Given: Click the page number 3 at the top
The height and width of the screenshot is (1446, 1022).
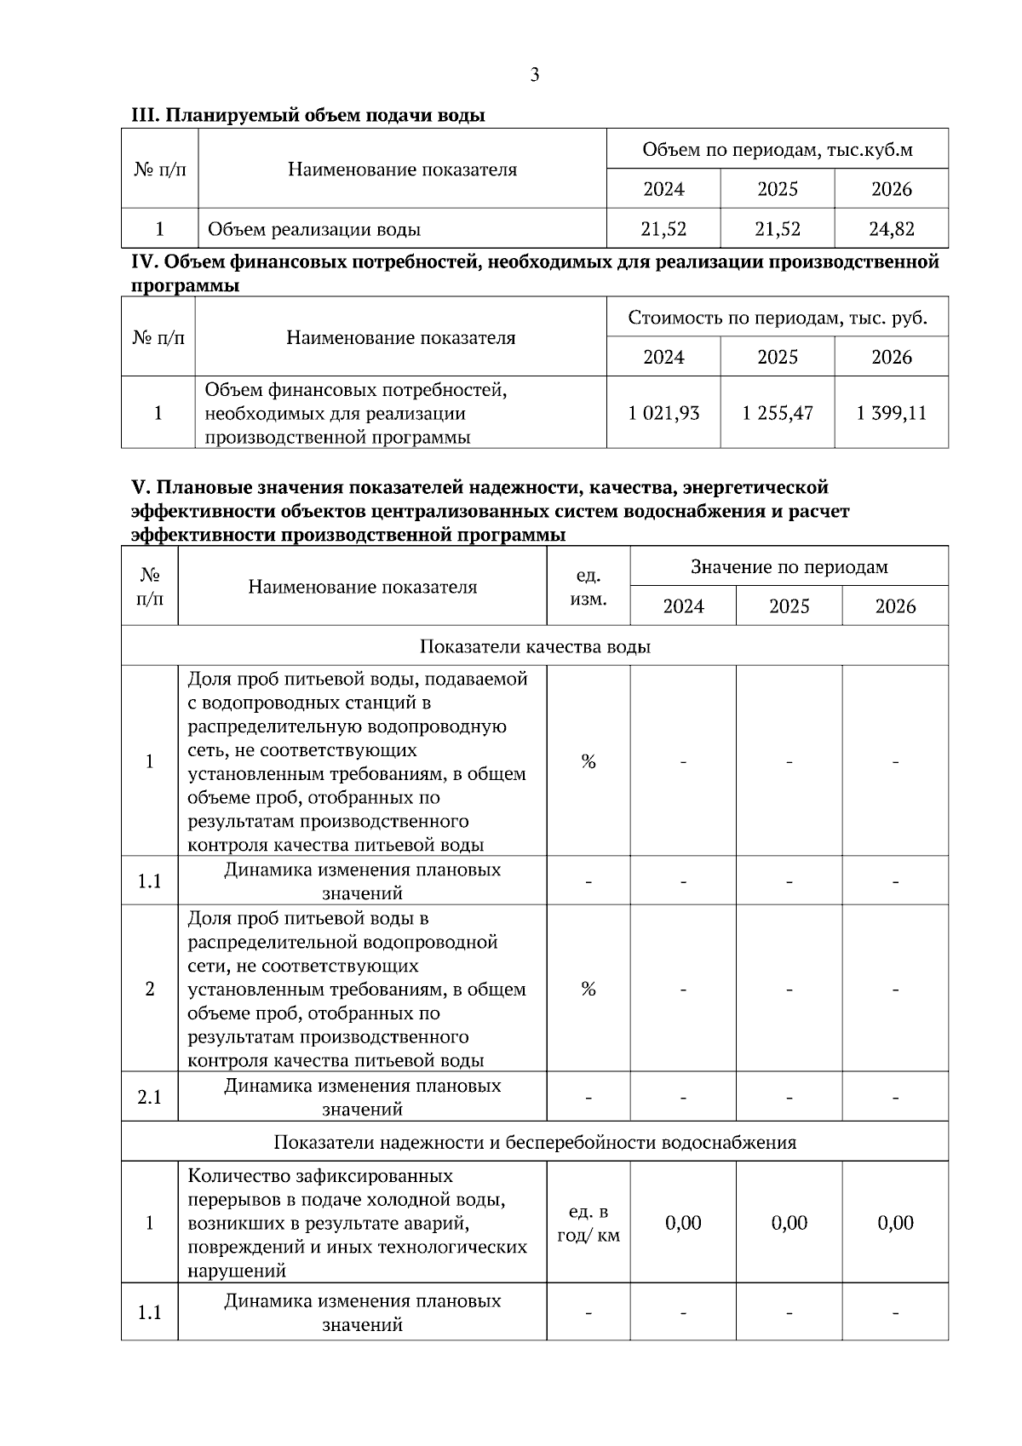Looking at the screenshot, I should [534, 75].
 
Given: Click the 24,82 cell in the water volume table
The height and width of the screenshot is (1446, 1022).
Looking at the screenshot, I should [891, 229].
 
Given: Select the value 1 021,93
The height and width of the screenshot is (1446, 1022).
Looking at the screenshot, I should [663, 414].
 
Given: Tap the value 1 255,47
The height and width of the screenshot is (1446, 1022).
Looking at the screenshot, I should [777, 414].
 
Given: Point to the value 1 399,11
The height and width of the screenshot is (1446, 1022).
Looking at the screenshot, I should [891, 414].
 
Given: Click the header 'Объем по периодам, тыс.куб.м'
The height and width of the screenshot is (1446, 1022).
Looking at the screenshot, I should [777, 150].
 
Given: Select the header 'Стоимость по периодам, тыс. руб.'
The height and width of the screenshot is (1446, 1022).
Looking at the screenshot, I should [777, 318].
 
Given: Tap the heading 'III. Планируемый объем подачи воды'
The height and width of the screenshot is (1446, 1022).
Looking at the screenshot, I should [307, 115].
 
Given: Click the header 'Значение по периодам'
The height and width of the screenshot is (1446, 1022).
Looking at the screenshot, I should [789, 567].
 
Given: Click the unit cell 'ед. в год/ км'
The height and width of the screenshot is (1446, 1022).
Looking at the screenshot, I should [588, 1224].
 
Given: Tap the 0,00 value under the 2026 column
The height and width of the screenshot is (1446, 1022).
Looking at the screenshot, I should [895, 1224].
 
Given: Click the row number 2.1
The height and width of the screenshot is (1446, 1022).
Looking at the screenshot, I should [149, 1098].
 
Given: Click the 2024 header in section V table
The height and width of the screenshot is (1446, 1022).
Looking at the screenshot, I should [683, 607].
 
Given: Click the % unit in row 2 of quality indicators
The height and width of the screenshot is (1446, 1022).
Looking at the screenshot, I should [588, 990].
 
